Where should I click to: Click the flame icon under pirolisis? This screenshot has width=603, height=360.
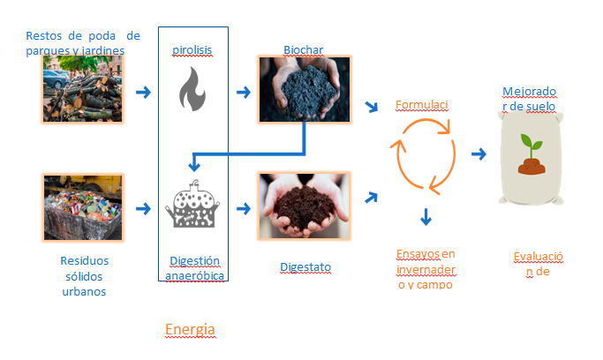pyautogui.click(x=191, y=89)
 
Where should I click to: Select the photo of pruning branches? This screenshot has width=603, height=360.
pyautogui.click(x=83, y=89)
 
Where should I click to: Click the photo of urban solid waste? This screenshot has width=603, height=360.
pyautogui.click(x=83, y=208)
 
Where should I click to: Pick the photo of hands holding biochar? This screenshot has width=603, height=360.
pyautogui.click(x=304, y=89)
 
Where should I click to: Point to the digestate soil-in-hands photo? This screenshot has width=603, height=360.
pyautogui.click(x=304, y=206)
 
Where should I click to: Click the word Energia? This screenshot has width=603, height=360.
pyautogui.click(x=190, y=330)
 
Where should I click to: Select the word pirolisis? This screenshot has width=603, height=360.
pyautogui.click(x=192, y=49)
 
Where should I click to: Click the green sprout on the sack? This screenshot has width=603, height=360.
pyautogui.click(x=531, y=143)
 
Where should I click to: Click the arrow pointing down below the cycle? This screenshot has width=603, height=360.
pyautogui.click(x=426, y=216)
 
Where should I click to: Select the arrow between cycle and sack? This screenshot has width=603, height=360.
pyautogui.click(x=479, y=154)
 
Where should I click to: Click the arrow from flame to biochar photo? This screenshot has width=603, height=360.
pyautogui.click(x=241, y=90)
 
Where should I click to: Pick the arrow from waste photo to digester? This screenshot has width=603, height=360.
pyautogui.click(x=141, y=209)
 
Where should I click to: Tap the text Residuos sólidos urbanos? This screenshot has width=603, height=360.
pyautogui.click(x=84, y=275)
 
